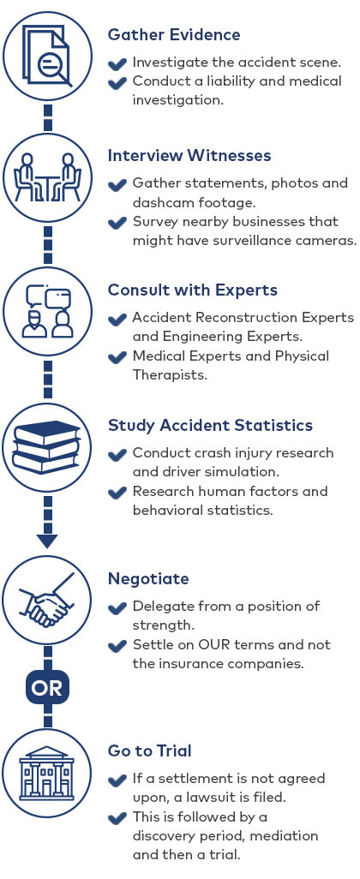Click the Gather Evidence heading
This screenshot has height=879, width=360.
coord(174,35)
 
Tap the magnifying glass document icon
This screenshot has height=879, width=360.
coord(47,56)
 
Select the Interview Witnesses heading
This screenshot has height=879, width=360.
coord(189,155)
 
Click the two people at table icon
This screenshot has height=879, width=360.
coord(47,177)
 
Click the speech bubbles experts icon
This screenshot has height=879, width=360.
coord(47,312)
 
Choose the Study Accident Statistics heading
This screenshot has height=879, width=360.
coord(210,425)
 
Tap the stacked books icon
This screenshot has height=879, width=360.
coord(47,447)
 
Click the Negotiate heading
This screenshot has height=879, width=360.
coord(148,578)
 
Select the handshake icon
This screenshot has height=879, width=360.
coord(47,600)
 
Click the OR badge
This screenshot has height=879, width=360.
coord(47,689)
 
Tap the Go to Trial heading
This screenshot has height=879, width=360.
coord(150,750)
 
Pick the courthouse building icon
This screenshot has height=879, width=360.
coord(47,773)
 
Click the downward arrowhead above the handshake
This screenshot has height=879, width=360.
coord(47,541)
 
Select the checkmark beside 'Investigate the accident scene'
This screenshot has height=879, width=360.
coord(117,63)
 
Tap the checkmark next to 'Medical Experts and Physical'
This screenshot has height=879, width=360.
coord(117,357)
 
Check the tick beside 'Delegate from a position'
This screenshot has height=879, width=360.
coord(117,607)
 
